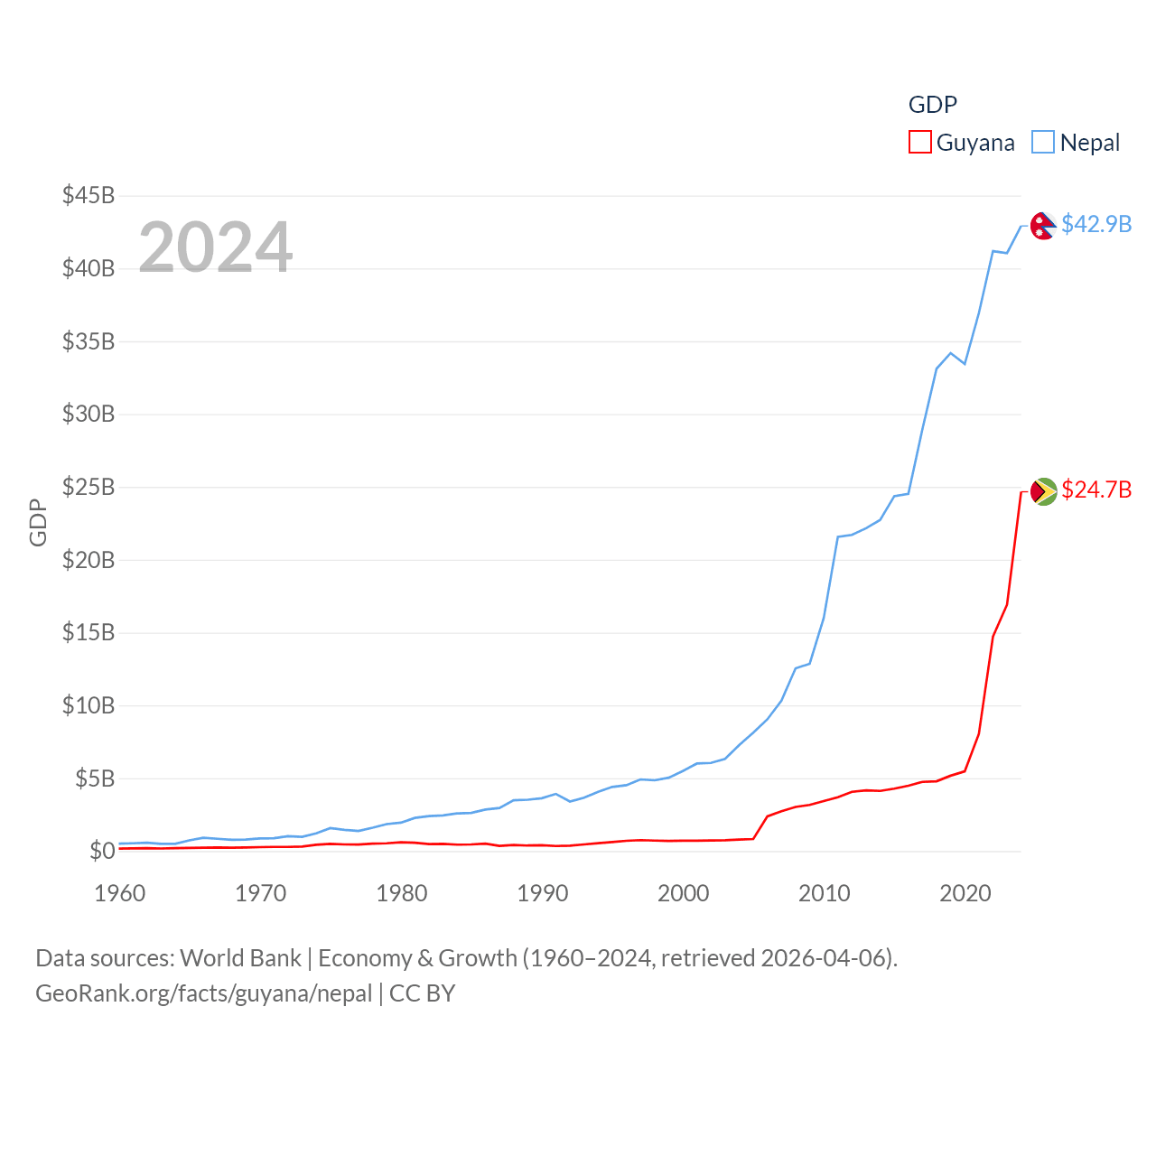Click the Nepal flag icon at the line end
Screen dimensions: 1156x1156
pyautogui.click(x=1043, y=225)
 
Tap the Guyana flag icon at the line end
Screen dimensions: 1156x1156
pyautogui.click(x=1043, y=491)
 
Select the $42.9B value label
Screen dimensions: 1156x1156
pyautogui.click(x=1096, y=224)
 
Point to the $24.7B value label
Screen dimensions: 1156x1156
pyautogui.click(x=1096, y=489)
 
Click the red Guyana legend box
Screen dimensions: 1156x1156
pyautogui.click(x=919, y=143)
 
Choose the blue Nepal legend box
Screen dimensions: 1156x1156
pyautogui.click(x=1043, y=143)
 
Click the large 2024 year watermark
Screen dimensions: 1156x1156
pyautogui.click(x=216, y=247)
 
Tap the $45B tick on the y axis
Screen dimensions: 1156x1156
pyautogui.click(x=89, y=195)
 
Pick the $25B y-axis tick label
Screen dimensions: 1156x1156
pyautogui.click(x=89, y=487)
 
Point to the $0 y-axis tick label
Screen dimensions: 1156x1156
pyautogui.click(x=102, y=851)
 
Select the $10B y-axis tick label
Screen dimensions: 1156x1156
pyautogui.click(x=89, y=705)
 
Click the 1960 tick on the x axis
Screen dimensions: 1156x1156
pyautogui.click(x=120, y=893)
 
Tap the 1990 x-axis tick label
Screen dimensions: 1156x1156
pyautogui.click(x=543, y=893)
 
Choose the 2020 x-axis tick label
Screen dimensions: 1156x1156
pyautogui.click(x=965, y=893)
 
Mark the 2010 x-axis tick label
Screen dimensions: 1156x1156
pyautogui.click(x=825, y=893)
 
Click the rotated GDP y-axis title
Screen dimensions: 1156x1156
pyautogui.click(x=38, y=522)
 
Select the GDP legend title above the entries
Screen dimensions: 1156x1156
pyautogui.click(x=932, y=105)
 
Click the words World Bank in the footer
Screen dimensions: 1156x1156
pyautogui.click(x=240, y=957)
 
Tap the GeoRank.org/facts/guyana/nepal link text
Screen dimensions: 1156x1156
pyautogui.click(x=203, y=993)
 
